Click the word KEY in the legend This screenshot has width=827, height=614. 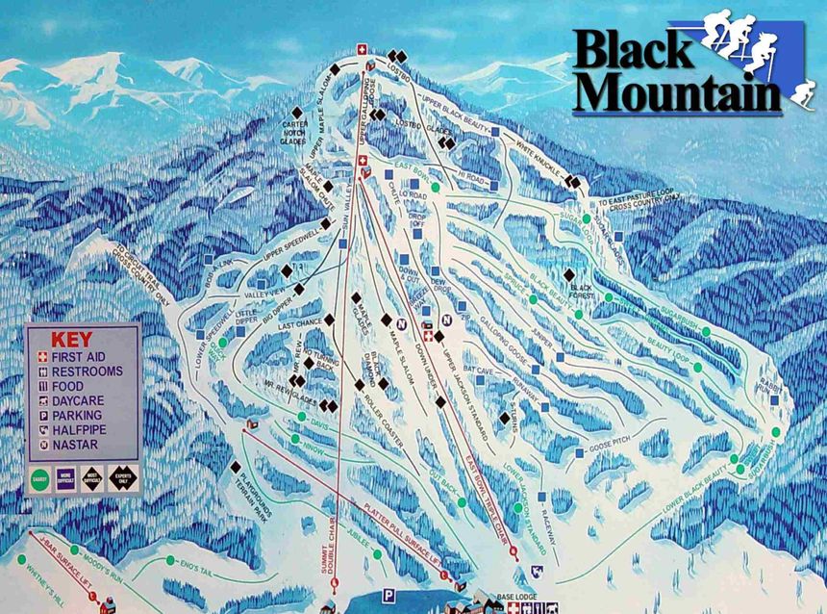point(71,339)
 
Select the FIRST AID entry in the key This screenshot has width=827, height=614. point(85,356)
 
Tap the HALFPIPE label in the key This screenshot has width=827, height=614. point(84,430)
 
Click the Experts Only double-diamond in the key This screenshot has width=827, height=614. point(122,477)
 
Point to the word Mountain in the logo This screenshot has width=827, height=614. point(683,94)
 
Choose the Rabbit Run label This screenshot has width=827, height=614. point(764,391)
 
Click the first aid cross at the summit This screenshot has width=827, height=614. point(363,49)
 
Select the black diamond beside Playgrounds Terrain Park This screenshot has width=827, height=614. point(236,467)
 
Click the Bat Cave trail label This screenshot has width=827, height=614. point(478,369)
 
